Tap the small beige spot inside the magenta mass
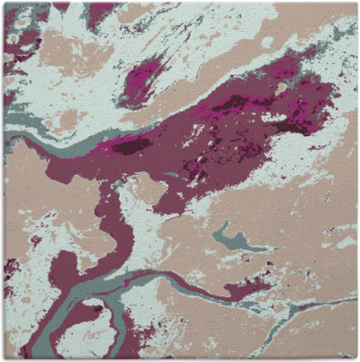pos(281,88)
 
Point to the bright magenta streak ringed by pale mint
pos(142,78)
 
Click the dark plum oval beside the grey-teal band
pos(133,146)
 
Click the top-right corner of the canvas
pos(356,3)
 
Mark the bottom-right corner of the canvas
pos(356,358)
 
